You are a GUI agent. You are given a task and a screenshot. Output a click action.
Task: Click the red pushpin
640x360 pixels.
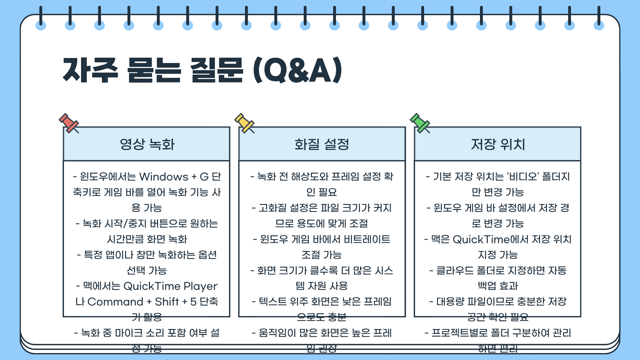click(x=69, y=123)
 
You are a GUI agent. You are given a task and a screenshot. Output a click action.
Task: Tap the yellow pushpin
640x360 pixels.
click(x=244, y=123)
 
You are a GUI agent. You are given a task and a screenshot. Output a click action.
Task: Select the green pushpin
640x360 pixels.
click(x=420, y=123)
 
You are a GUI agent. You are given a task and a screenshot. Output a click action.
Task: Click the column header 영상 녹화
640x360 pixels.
click(x=147, y=144)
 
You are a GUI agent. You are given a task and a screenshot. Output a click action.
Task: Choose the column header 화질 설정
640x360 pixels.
click(x=322, y=144)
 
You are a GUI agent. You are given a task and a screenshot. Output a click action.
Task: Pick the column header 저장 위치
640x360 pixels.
click(x=498, y=144)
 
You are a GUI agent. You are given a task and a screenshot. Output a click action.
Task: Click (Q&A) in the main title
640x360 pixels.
click(x=298, y=71)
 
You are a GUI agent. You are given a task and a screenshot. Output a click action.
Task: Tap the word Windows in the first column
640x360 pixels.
click(x=164, y=177)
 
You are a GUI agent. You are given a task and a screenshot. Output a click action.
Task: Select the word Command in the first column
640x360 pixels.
click(x=115, y=302)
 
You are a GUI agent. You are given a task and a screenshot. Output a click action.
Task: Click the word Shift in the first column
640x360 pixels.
click(x=167, y=302)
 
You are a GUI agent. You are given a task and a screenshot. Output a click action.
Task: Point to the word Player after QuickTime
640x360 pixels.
click(x=200, y=286)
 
